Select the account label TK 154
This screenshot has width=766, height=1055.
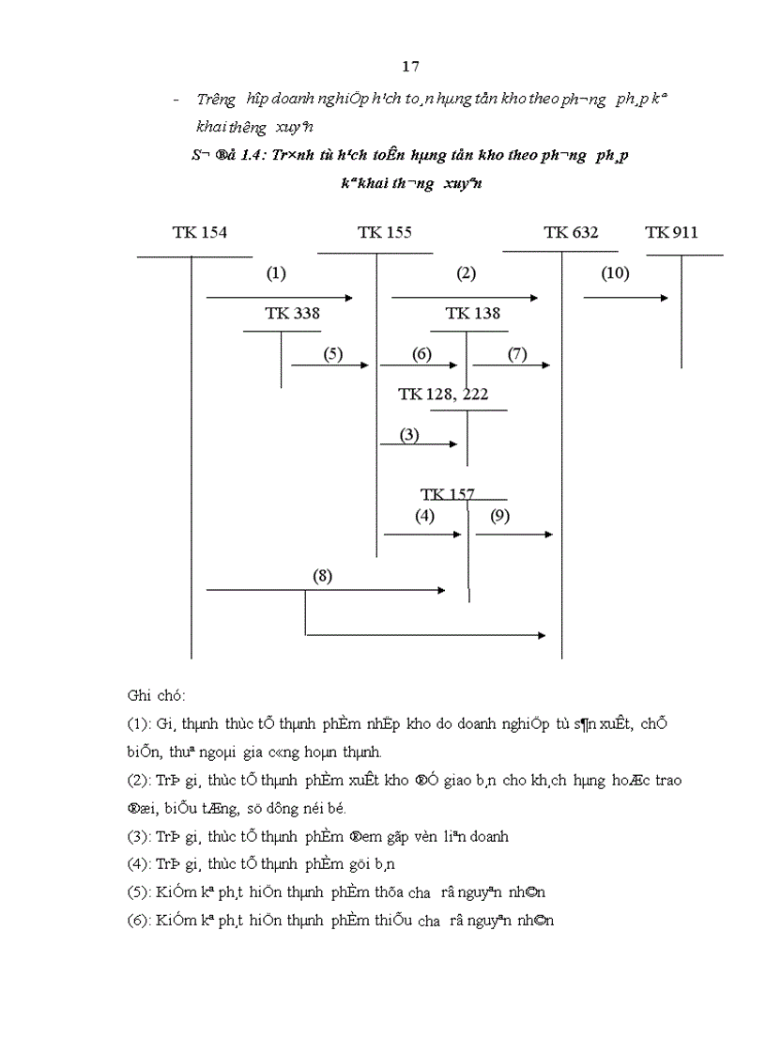199,233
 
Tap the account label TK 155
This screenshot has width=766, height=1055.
384,233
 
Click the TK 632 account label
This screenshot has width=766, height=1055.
571,233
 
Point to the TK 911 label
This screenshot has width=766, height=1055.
671,233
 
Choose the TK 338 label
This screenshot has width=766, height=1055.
292,314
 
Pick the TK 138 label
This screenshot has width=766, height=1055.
473,314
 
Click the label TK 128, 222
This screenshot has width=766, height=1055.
443,394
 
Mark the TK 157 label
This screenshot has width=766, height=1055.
448,494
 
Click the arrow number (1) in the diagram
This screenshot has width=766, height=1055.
276,274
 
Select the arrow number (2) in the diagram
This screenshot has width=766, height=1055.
467,274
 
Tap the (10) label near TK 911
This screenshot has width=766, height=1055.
616,274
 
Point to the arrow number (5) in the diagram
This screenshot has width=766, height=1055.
333,354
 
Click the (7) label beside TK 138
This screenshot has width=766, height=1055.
517,354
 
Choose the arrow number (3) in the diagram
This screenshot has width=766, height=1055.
408,435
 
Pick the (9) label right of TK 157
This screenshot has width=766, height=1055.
499,515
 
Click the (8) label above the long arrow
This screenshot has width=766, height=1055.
323,576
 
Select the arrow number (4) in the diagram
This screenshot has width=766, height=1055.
425,515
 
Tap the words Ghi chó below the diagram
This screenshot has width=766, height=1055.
156,696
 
